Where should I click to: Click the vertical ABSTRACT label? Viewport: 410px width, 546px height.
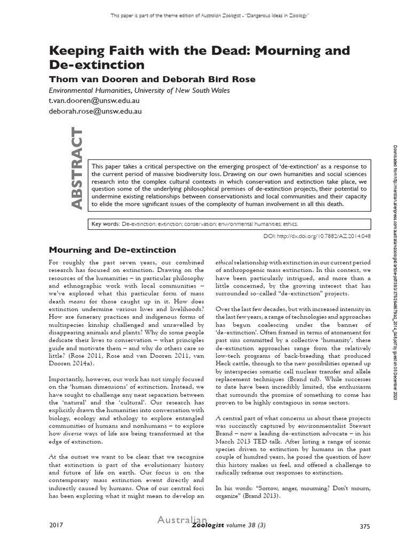(76, 168)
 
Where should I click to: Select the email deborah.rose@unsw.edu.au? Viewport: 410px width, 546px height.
(95, 111)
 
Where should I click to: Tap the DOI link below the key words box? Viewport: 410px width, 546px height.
(317, 235)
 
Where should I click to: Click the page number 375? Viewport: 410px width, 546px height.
(365, 527)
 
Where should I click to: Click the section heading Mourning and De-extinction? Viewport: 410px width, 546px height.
(112, 250)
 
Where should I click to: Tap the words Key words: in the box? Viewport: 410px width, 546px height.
(105, 224)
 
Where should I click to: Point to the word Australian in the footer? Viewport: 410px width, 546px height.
(182, 520)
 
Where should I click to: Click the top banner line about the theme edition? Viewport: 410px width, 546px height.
(210, 15)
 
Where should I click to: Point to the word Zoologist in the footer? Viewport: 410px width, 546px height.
(209, 527)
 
